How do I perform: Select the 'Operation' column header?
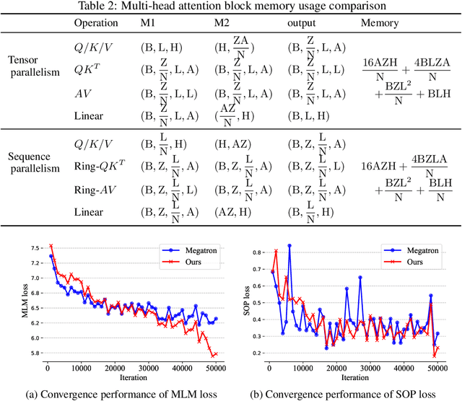coord(96,22)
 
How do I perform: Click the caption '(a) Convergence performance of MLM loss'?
coord(121,393)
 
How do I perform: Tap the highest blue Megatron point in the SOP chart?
coord(289,245)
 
